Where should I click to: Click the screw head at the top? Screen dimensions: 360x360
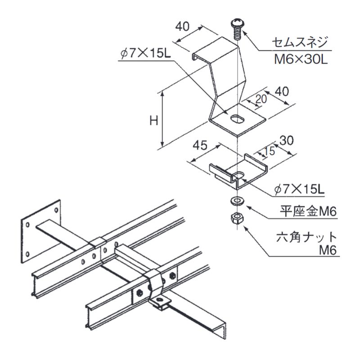click(236, 23)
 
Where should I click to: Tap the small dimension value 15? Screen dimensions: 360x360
click(269, 151)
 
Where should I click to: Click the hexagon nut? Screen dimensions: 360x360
click(235, 219)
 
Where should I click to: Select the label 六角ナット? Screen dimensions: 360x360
click(306, 237)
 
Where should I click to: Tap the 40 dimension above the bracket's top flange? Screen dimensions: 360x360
click(181, 27)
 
